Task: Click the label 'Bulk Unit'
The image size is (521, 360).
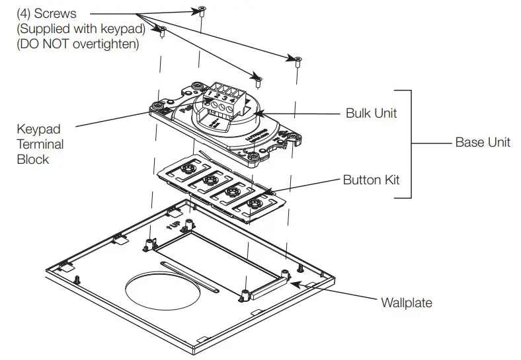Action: pyautogui.click(x=371, y=113)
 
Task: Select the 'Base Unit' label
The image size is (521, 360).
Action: pyautogui.click(x=482, y=143)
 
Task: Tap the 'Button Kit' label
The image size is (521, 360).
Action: pyautogui.click(x=371, y=180)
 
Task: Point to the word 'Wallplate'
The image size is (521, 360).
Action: pyautogui.click(x=406, y=303)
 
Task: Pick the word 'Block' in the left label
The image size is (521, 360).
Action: pyautogui.click(x=33, y=159)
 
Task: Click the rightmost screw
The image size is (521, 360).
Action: pyautogui.click(x=297, y=61)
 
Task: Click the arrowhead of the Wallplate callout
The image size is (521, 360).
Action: pyautogui.click(x=294, y=282)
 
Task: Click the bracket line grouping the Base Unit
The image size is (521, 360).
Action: pyautogui.click(x=411, y=143)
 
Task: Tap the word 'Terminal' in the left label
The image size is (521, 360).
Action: pyautogui.click(x=40, y=145)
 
